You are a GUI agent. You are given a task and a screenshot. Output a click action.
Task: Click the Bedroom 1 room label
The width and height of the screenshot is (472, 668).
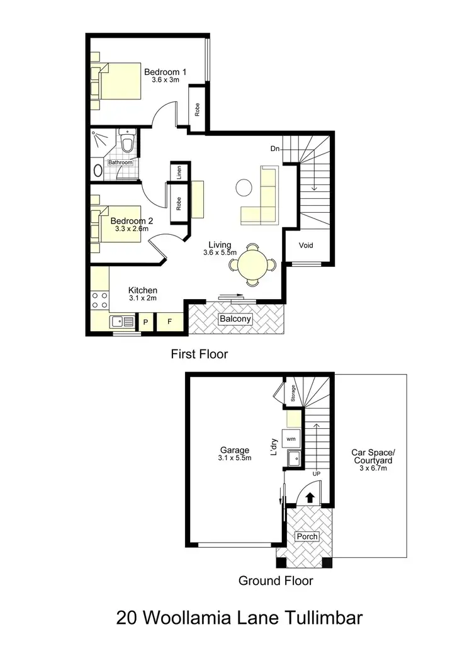(165, 72)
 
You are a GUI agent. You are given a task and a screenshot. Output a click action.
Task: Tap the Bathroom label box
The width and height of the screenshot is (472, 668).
(120, 162)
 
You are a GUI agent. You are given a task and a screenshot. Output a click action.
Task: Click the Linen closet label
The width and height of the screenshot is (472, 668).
(179, 172)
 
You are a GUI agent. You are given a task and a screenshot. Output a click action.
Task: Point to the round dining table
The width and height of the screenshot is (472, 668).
(252, 265)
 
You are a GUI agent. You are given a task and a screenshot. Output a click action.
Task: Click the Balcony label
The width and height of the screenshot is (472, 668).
(235, 319)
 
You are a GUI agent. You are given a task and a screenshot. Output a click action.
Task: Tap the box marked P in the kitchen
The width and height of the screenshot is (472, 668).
(145, 322)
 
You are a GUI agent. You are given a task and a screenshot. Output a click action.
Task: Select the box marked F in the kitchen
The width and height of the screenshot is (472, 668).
(169, 322)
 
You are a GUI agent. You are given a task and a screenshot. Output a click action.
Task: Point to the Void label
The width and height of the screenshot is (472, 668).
(306, 246)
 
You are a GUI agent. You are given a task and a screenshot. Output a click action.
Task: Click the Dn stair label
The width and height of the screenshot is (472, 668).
(274, 149)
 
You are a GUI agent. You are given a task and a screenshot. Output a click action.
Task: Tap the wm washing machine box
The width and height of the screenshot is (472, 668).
(291, 438)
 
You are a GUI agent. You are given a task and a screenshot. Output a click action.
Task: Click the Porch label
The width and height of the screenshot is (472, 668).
(307, 536)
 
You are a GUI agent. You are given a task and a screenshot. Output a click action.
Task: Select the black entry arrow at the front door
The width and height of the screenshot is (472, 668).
(310, 497)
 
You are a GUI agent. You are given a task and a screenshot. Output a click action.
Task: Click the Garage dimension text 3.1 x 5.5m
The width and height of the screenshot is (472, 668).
(235, 458)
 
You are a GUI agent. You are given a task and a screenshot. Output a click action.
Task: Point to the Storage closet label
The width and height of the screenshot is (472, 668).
(293, 393)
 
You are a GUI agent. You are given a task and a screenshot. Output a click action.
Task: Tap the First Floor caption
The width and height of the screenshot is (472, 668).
(199, 354)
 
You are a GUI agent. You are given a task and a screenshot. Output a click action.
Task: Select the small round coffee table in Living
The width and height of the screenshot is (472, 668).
(243, 186)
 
